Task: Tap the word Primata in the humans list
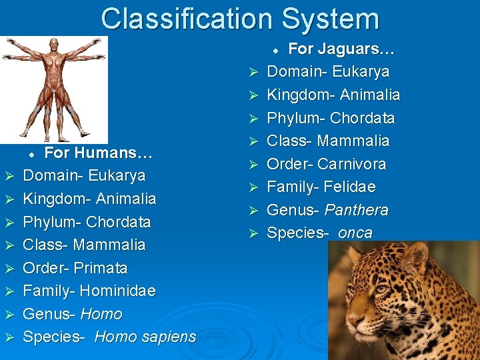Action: coord(100,268)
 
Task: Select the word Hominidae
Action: coord(117,291)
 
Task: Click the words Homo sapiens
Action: coord(145,337)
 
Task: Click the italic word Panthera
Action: coord(356,210)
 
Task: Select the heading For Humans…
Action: coord(99,153)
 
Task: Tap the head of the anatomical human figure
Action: coord(54,44)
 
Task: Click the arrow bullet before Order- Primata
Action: coord(9,269)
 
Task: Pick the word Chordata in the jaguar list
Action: coord(362,118)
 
